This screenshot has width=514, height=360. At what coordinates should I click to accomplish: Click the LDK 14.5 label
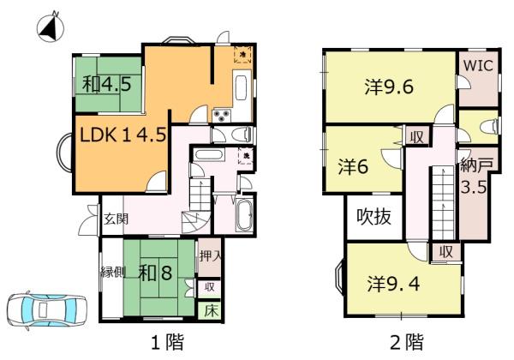(123, 135)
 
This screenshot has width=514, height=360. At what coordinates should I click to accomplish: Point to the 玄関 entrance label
(116, 219)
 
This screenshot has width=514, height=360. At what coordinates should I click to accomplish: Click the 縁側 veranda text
(113, 273)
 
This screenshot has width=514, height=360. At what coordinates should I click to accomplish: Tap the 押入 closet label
(210, 255)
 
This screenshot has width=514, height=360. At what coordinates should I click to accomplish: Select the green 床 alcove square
(210, 309)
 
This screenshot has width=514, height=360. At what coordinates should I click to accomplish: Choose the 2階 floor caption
(406, 343)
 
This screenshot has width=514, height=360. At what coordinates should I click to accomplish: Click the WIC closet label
(476, 65)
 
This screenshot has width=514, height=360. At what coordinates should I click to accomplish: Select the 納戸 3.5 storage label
(473, 175)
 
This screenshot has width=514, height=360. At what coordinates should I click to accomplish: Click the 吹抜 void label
(374, 217)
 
